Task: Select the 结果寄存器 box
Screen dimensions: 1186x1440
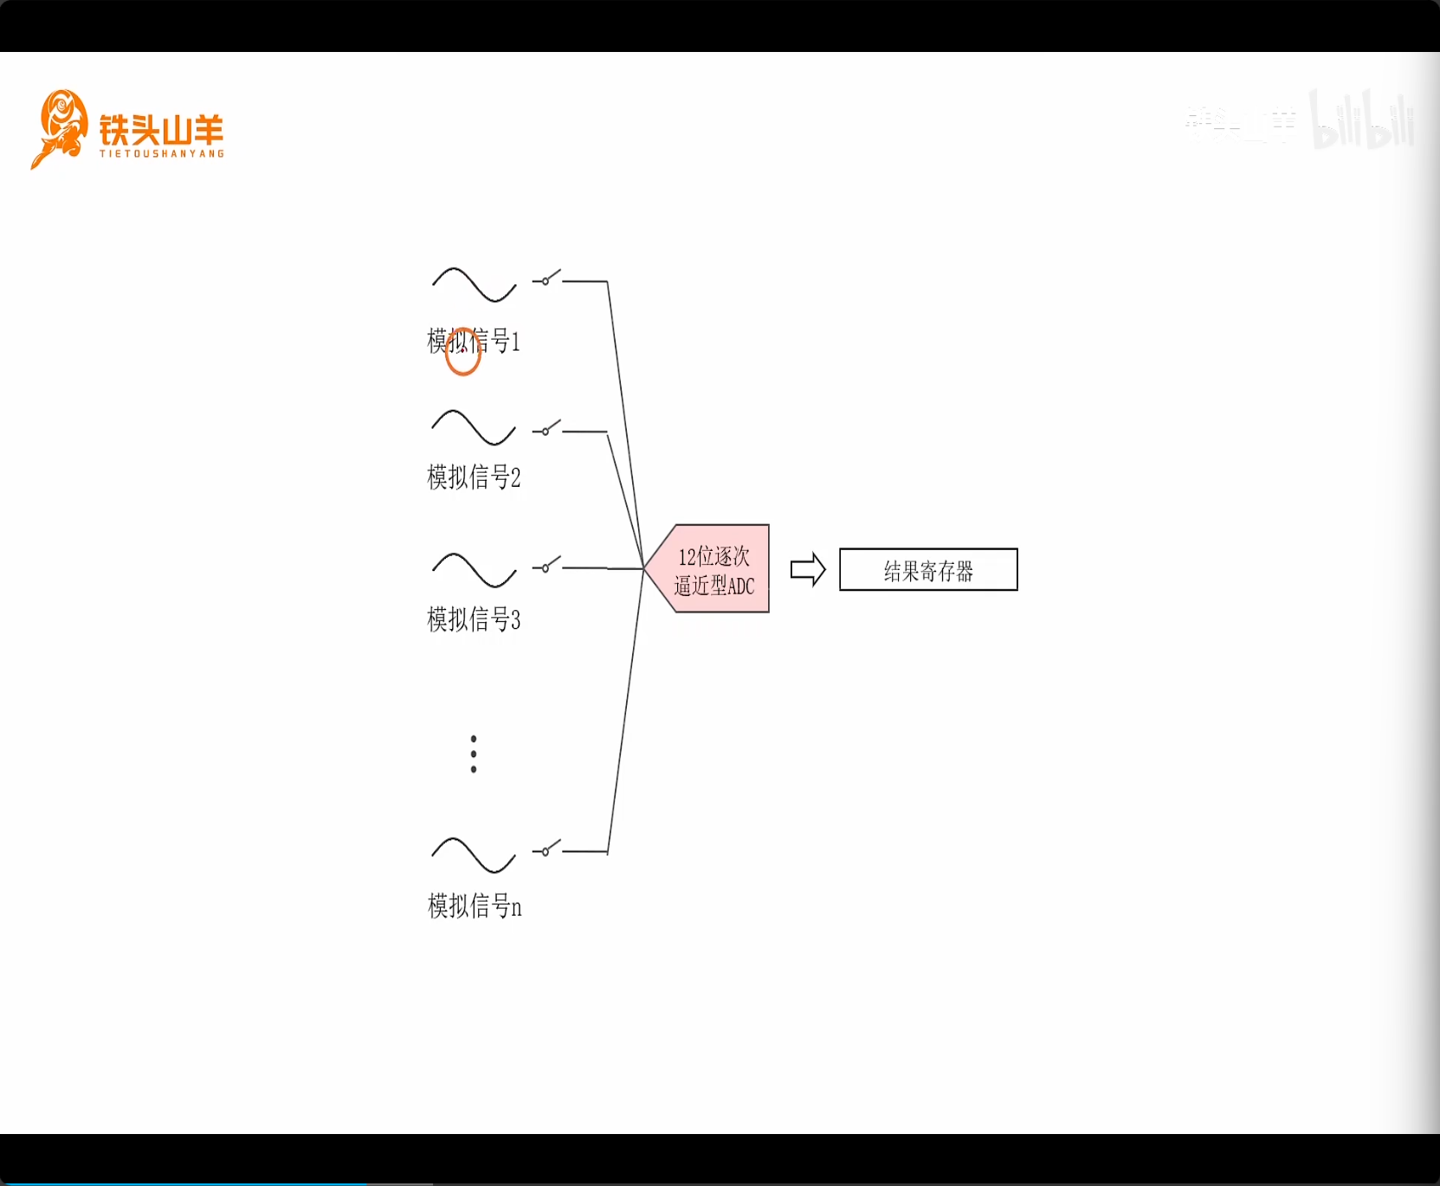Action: click(928, 570)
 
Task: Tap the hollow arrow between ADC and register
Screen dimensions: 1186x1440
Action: click(808, 570)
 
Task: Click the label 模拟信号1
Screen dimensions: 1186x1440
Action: click(474, 341)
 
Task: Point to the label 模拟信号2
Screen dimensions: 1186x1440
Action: click(474, 476)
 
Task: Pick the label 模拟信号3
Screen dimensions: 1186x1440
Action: click(474, 619)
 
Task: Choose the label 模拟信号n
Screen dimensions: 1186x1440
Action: click(475, 906)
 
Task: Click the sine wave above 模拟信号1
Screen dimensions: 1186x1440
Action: click(475, 285)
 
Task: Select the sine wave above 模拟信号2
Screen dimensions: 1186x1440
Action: click(474, 428)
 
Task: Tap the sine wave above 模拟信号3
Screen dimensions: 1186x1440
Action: click(475, 570)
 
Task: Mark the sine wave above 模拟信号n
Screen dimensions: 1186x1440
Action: click(474, 855)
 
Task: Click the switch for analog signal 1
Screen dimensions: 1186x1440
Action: click(546, 279)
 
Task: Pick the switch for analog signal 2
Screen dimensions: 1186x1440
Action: click(546, 429)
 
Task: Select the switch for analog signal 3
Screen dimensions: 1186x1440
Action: click(546, 567)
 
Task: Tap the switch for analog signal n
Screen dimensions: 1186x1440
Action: click(546, 850)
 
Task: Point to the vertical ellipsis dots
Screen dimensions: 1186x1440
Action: click(474, 754)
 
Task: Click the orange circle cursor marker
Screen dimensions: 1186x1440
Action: click(463, 352)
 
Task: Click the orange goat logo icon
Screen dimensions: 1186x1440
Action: click(60, 128)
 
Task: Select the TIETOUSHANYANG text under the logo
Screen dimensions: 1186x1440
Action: click(162, 154)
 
